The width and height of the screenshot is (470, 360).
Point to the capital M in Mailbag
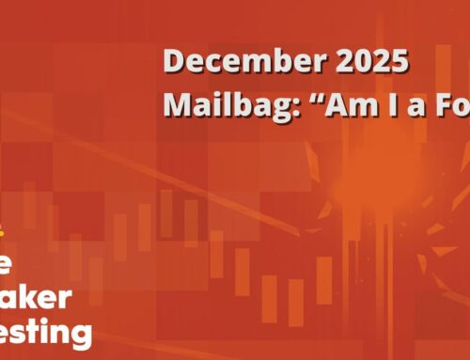178,105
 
